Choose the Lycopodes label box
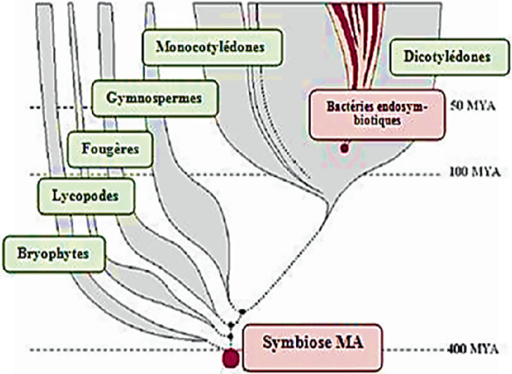click(x=78, y=195)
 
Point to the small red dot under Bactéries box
click(x=345, y=148)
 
